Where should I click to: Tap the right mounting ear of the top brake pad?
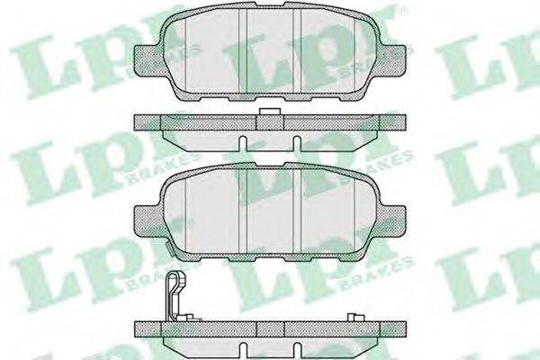click(391, 59)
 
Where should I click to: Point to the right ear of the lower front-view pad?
click(391, 220)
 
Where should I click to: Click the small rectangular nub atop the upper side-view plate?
click(270, 112)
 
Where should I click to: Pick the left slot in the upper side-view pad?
click(243, 143)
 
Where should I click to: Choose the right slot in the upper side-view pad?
click(296, 143)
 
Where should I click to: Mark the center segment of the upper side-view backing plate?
click(271, 122)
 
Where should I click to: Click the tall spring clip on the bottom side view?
click(175, 292)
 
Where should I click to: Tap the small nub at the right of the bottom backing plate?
click(355, 318)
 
